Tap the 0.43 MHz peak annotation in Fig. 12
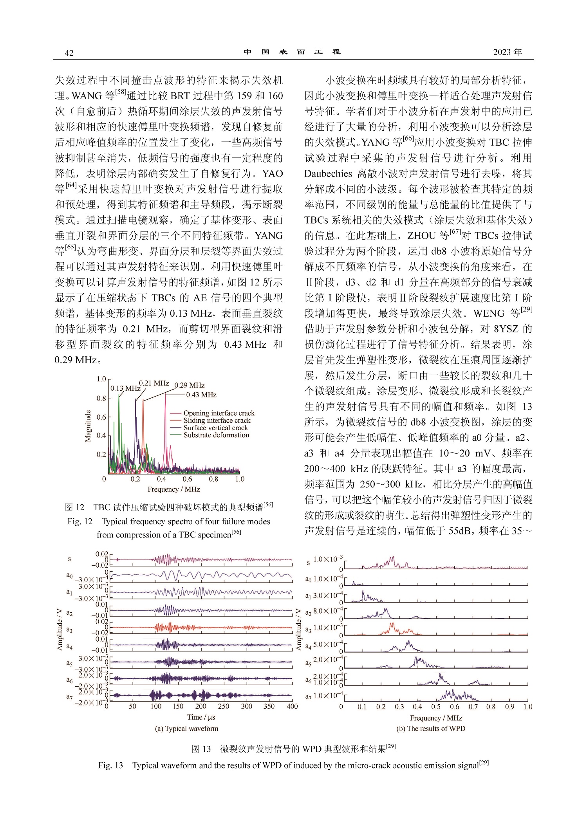[201, 395]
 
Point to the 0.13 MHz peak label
[125, 388]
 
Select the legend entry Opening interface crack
[219, 413]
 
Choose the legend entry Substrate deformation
[216, 435]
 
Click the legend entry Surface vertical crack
[215, 428]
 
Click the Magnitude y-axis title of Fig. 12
[88, 426]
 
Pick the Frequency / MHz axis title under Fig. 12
[173, 489]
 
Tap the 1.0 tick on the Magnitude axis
[101, 379]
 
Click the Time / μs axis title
[201, 717]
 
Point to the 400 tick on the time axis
[292, 706]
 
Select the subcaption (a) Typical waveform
[187, 729]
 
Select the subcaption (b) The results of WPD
[431, 729]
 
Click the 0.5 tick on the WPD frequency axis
[436, 707]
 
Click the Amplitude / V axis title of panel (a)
[60, 629]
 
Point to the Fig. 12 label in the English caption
[80, 521]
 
